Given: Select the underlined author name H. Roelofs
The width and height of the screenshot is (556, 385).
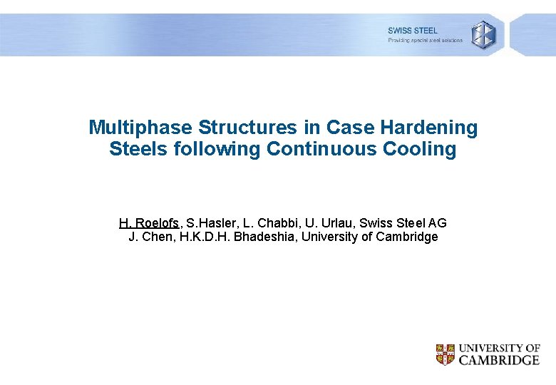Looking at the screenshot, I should click(150, 223).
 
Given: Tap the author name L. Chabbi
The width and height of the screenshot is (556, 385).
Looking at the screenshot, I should click(267, 223).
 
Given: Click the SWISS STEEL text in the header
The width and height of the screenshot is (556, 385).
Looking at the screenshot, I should click(413, 31).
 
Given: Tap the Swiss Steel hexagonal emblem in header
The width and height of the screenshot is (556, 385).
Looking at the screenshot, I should click(483, 34).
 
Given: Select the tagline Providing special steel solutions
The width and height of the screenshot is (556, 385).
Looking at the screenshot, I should click(425, 41).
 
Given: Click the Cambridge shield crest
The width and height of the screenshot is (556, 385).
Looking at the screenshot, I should click(445, 354).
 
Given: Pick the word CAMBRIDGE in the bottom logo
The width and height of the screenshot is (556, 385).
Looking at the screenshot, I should click(499, 360).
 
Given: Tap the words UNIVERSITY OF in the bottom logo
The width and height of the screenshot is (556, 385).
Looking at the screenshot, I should click(499, 348).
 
